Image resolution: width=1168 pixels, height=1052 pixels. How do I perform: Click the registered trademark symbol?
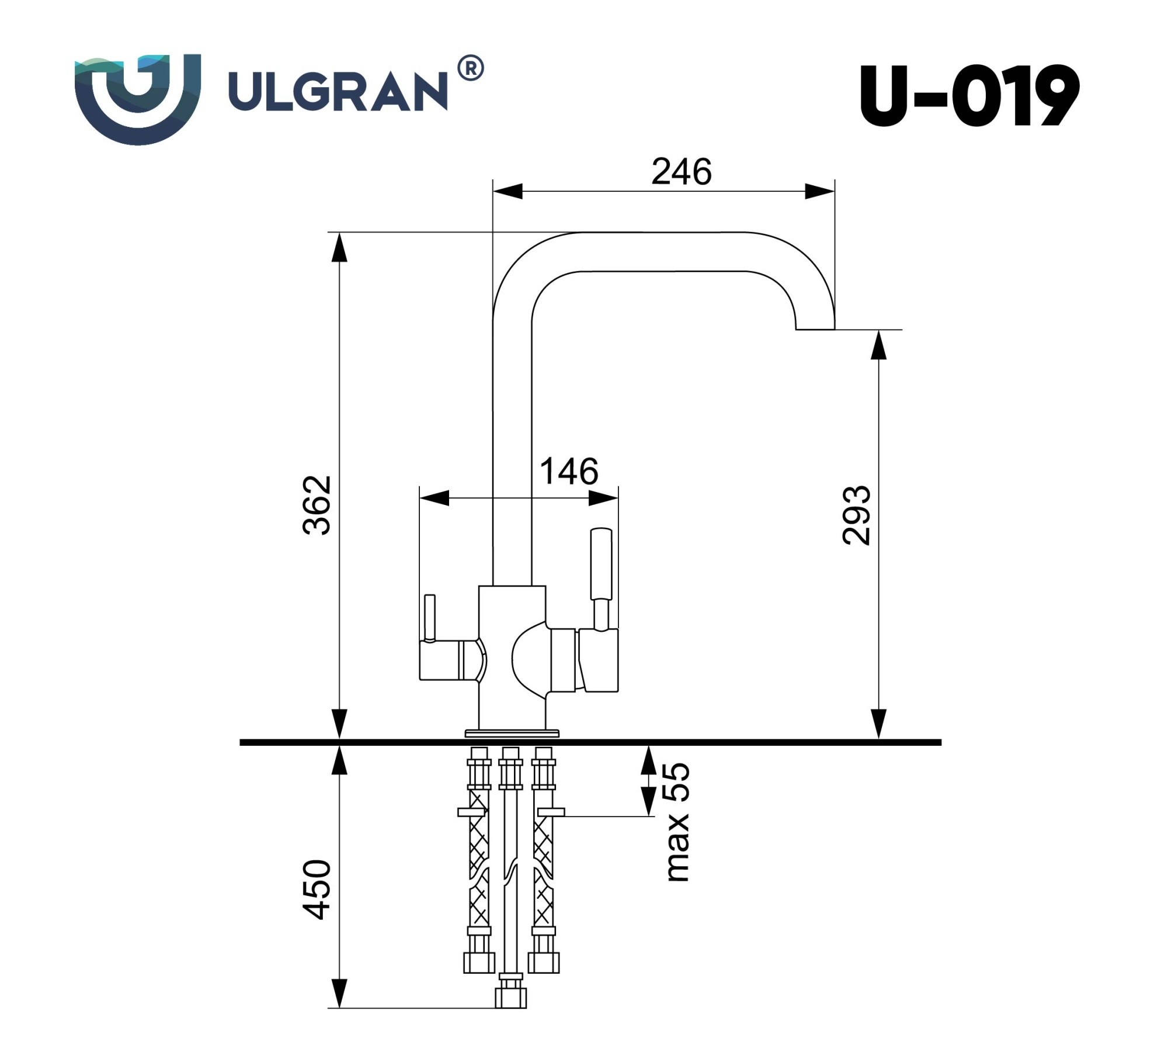click(x=470, y=68)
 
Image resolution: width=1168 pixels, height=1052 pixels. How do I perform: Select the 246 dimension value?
click(x=682, y=172)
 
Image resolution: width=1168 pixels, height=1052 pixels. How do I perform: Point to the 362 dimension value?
click(x=317, y=505)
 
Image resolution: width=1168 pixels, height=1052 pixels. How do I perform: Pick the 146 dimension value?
click(x=569, y=471)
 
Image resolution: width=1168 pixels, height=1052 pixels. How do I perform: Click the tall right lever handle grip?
click(x=602, y=563)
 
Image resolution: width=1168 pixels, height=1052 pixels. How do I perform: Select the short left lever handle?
click(x=430, y=618)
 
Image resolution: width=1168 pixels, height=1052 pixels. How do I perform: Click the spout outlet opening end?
click(x=815, y=329)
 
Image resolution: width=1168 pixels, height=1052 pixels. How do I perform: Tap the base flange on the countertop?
click(x=512, y=733)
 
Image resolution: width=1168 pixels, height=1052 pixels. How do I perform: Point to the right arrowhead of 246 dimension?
click(x=820, y=191)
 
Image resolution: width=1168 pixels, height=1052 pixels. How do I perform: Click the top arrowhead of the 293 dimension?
click(x=879, y=345)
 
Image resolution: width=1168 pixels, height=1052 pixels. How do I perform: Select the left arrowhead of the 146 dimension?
click(x=434, y=498)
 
